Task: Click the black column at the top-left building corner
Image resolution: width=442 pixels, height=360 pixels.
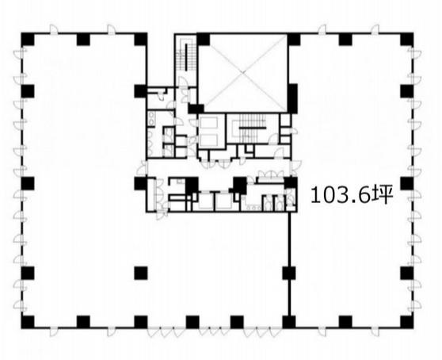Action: [x=28, y=39]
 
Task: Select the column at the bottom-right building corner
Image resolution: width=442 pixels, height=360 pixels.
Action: [x=407, y=322]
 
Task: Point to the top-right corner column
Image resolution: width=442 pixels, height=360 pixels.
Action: [x=407, y=39]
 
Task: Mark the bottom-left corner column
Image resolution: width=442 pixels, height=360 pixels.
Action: [x=28, y=322]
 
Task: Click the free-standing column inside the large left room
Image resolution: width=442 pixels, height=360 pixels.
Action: [x=141, y=273]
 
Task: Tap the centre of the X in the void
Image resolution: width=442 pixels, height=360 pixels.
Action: [x=243, y=72]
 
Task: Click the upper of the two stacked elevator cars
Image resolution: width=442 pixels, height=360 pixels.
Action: [x=208, y=123]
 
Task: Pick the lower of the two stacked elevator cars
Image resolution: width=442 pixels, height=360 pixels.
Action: [x=208, y=140]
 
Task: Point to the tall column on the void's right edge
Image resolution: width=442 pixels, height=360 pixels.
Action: [x=293, y=98]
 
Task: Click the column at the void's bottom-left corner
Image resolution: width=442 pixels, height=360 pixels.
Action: [x=196, y=109]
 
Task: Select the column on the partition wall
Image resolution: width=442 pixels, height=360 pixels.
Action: [x=289, y=273]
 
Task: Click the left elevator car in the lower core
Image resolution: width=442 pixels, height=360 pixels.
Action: [x=205, y=201]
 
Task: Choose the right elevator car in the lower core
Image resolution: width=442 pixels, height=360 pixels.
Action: [x=224, y=201]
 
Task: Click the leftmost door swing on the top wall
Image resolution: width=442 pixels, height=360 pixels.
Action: [x=54, y=30]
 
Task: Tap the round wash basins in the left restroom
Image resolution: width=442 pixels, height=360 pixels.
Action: [x=151, y=117]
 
